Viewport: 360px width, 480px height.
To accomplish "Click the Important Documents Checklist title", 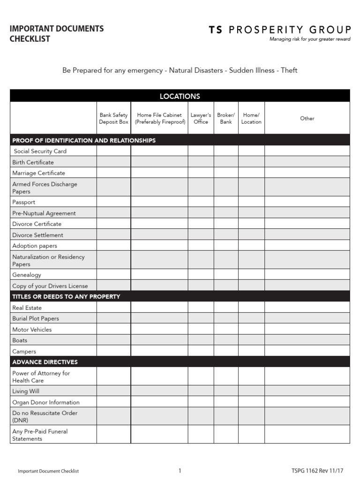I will pos(57,33).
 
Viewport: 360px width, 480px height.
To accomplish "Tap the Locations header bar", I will pos(180,96).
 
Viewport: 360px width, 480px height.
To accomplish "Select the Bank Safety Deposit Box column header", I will pos(113,118).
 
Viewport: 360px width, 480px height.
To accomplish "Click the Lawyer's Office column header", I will pos(201,118).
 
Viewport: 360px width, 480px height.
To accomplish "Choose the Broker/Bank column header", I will pos(226,118).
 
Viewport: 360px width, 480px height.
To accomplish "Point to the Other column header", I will pos(307,118).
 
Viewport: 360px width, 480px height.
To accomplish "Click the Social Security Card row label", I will pos(40,151).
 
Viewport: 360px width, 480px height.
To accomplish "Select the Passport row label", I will pos(24,202).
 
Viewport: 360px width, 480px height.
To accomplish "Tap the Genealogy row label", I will pos(27,275).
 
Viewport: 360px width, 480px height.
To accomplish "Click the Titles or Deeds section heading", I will pos(66,296).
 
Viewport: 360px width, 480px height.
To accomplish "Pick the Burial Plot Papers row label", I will pos(36,318).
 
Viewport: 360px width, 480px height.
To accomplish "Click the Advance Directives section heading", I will pos(45,362).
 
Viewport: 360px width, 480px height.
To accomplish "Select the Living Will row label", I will pos(26,391).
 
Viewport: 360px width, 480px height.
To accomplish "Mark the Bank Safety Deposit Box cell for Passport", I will pos(113,202).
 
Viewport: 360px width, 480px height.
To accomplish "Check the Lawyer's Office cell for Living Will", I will pos(201,391).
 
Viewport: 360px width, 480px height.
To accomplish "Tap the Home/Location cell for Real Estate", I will pos(251,307).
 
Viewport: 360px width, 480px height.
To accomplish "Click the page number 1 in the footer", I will pos(180,471).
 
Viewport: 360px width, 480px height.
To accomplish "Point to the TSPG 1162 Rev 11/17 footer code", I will pos(321,471).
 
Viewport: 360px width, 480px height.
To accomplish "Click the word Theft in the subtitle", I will pos(289,71).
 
